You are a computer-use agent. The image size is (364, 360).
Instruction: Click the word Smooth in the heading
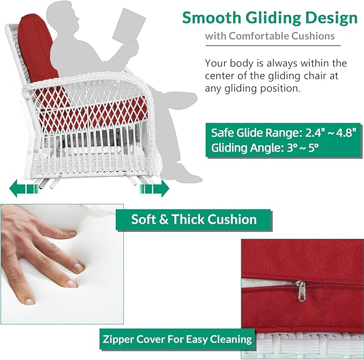coord(212,18)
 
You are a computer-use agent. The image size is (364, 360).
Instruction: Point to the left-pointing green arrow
coord(24,188)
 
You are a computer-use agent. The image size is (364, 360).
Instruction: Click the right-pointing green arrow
coord(154,188)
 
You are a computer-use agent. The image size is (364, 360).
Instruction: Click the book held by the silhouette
coord(129,26)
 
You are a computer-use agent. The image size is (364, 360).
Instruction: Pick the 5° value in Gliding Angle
coord(313,147)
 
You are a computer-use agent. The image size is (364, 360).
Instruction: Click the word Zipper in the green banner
coord(117,340)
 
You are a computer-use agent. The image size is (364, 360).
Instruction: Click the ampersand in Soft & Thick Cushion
coord(164,220)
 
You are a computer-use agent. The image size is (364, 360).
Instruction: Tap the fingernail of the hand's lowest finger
coord(29,301)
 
